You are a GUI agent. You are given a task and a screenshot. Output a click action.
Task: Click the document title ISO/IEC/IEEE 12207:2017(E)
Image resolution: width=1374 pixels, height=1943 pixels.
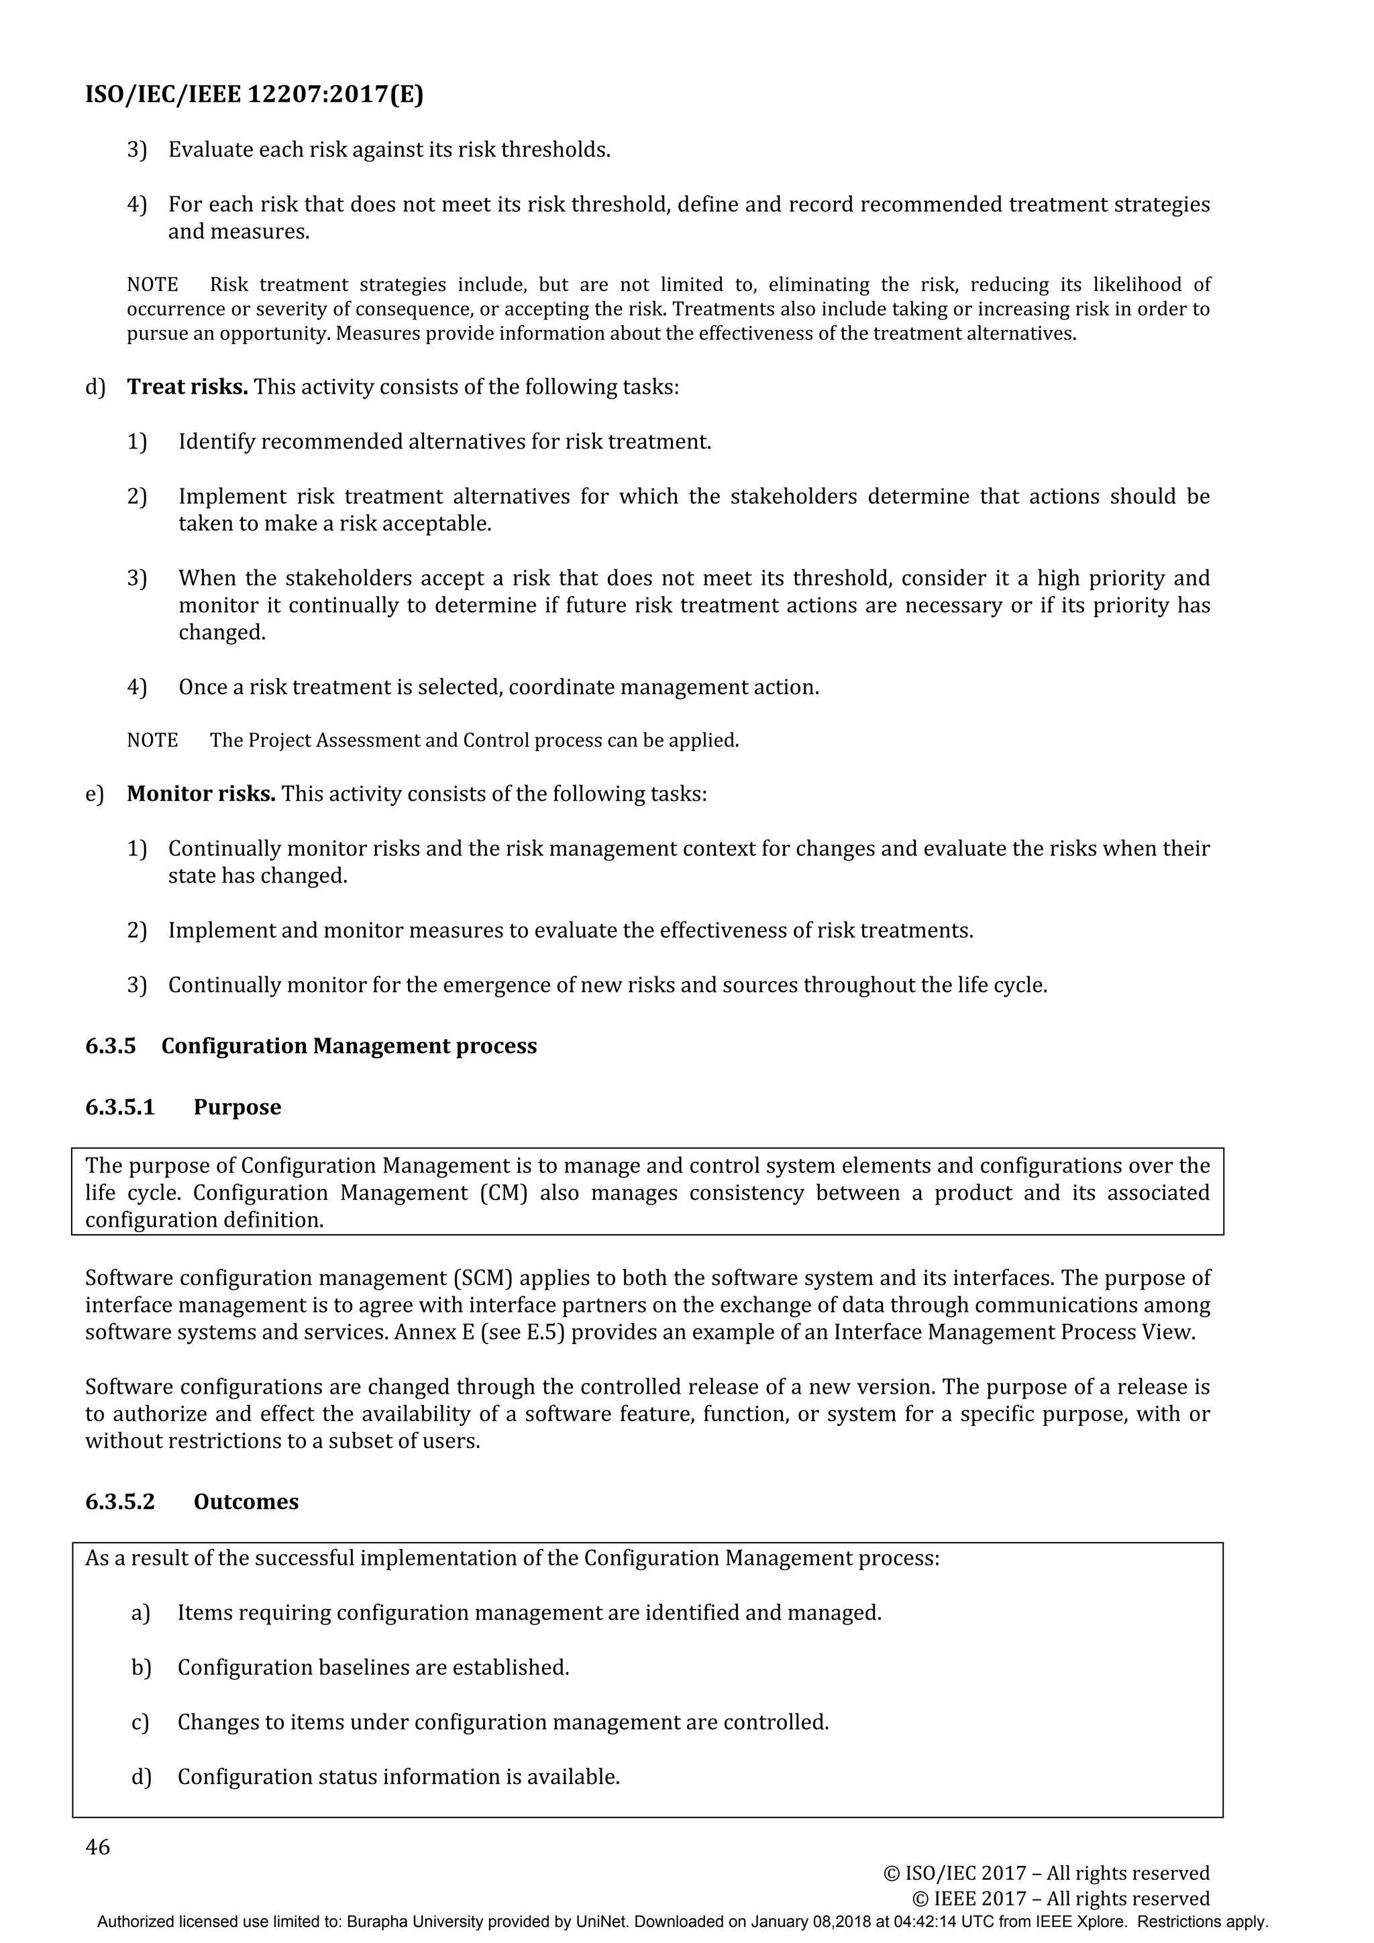254,94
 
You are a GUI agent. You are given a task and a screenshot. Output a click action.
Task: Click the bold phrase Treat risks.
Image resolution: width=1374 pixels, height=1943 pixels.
187,387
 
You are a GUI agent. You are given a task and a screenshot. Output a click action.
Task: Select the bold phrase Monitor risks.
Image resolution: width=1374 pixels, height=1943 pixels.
201,794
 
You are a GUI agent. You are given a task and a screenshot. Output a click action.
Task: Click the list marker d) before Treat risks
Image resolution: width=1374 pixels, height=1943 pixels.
95,388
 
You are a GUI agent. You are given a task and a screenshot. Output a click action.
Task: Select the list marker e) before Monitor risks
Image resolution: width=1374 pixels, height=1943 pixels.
94,795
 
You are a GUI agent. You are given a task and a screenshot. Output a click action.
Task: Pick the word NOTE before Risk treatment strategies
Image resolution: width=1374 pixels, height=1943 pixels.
152,284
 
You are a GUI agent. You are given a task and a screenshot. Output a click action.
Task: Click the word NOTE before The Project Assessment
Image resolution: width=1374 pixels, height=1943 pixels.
152,740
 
